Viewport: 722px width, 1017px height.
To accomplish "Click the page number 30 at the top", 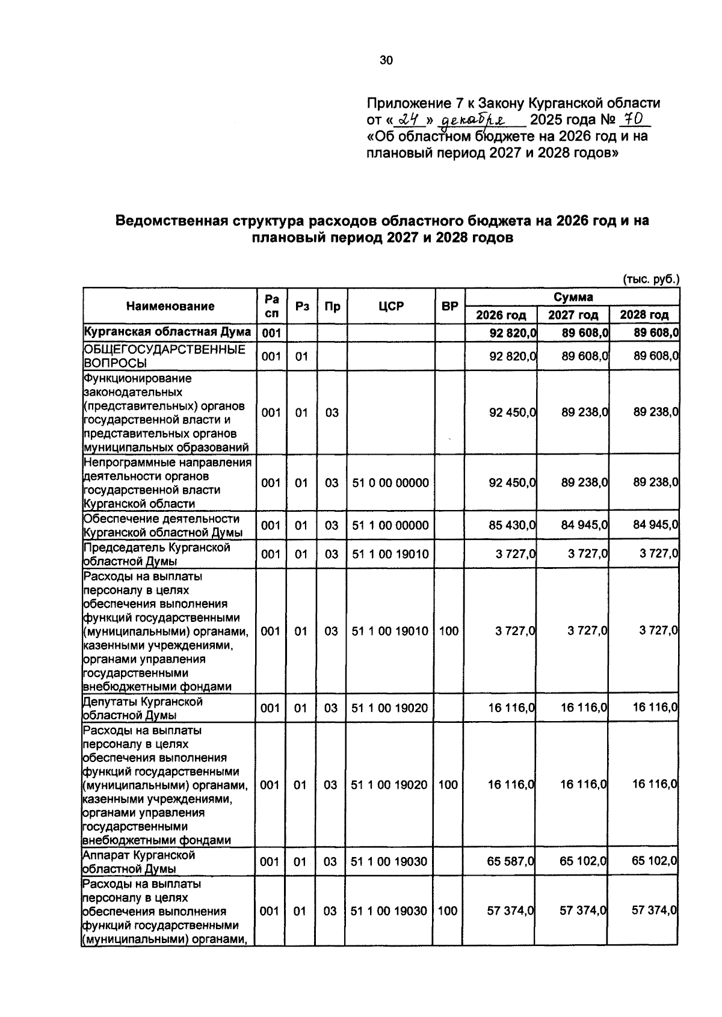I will tap(386, 60).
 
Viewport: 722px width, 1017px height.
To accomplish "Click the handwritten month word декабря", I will tap(473, 121).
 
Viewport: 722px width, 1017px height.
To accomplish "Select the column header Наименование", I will tap(170, 306).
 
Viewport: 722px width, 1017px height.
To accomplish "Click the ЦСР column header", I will tap(391, 306).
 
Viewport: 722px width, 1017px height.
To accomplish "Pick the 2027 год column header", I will tap(573, 315).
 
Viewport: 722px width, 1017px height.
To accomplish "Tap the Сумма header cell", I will tap(573, 297).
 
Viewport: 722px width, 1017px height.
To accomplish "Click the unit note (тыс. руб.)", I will tap(650, 279).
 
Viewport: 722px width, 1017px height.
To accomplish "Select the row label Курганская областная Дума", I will tap(167, 332).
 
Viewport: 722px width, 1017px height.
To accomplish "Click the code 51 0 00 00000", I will tap(390, 482).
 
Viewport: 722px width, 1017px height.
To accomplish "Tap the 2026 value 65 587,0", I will tap(511, 861).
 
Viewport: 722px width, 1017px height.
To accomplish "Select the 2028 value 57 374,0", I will tap(655, 911).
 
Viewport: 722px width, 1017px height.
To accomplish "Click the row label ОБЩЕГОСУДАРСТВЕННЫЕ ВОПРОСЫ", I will tap(164, 356).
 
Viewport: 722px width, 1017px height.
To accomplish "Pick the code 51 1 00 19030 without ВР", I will tap(389, 861).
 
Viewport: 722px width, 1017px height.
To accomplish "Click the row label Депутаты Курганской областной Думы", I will tap(143, 708).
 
